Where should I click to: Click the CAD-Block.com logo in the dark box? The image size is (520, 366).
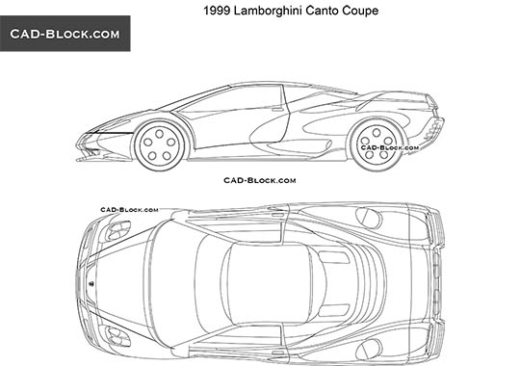(65, 34)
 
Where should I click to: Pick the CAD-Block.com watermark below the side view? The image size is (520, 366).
(260, 180)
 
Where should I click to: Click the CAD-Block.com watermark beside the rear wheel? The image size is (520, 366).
(389, 148)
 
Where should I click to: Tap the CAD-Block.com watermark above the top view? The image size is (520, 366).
(129, 209)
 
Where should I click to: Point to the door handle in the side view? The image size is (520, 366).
(280, 109)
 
